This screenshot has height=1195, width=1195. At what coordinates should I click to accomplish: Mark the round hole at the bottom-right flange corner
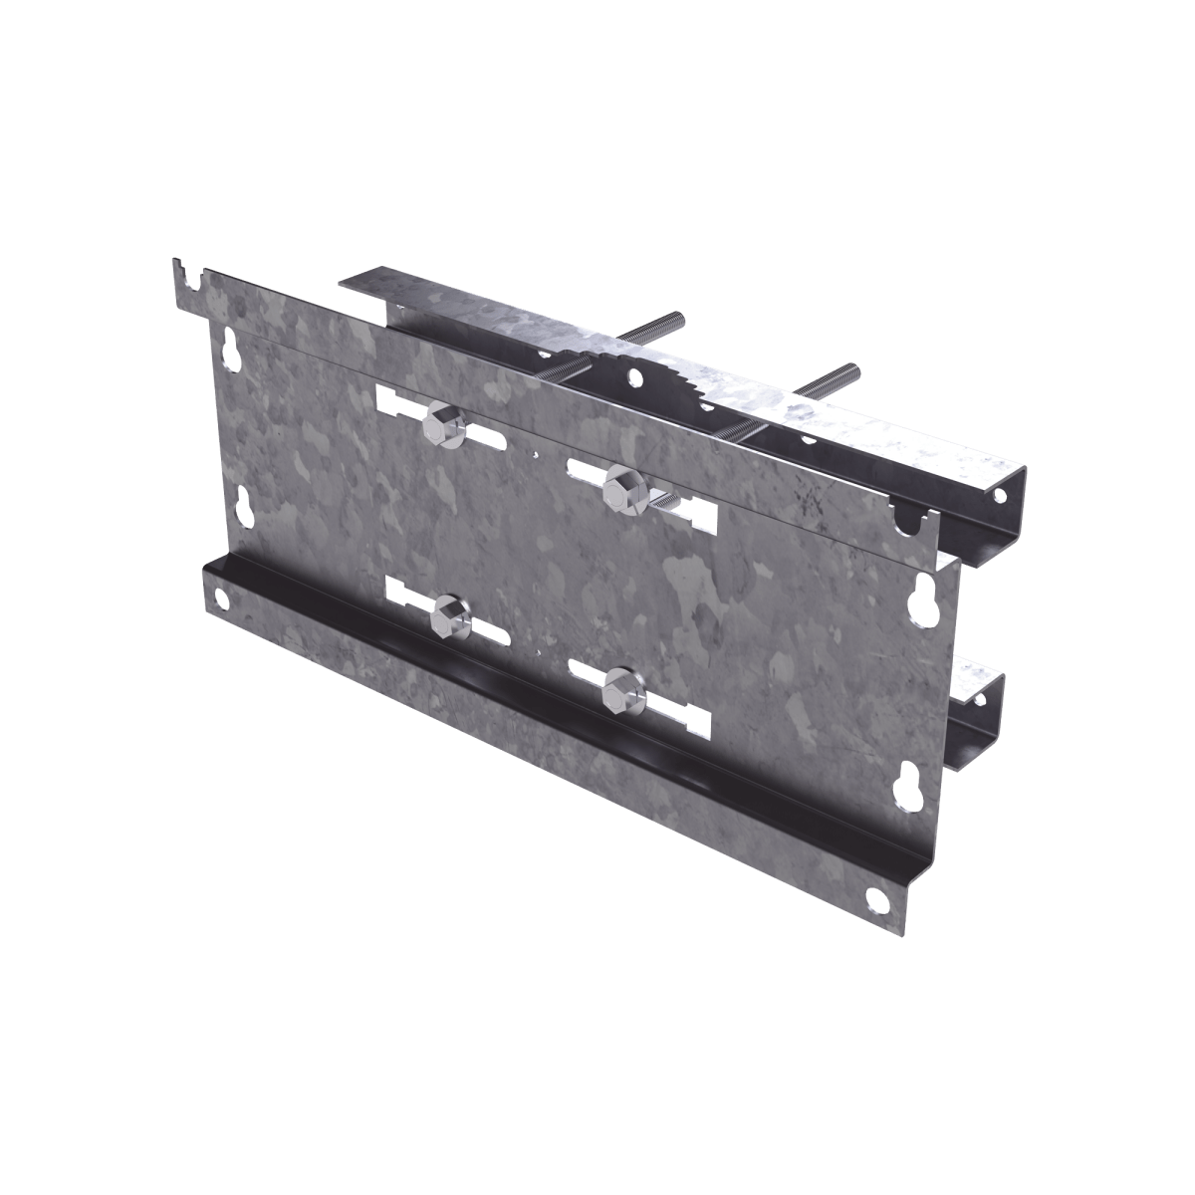(876, 898)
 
